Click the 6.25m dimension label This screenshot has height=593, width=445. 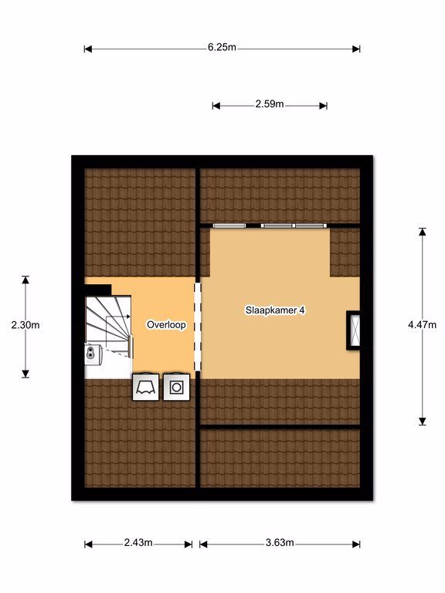click(x=222, y=47)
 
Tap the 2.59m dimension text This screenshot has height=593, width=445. click(x=270, y=104)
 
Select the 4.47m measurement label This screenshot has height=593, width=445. click(x=423, y=324)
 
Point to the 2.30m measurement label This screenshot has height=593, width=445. click(x=25, y=325)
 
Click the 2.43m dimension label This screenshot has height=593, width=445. click(x=138, y=543)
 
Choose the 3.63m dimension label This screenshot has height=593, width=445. click(x=280, y=543)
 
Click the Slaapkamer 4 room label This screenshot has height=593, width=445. click(x=275, y=310)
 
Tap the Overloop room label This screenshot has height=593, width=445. click(x=166, y=324)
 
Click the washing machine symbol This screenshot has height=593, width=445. click(x=176, y=388)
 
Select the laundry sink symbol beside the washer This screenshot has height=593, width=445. click(x=145, y=388)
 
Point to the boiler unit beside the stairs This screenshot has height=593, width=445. click(x=93, y=354)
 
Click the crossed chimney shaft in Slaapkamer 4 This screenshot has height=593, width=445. click(x=353, y=330)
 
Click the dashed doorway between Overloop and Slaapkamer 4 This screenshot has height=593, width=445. click(x=198, y=327)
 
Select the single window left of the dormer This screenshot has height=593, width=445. click(x=229, y=225)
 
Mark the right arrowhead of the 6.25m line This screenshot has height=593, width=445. click(x=356, y=49)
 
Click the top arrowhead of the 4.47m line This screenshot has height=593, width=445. click(x=423, y=232)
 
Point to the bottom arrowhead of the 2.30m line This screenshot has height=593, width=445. click(x=25, y=374)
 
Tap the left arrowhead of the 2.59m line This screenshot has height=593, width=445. click(x=216, y=106)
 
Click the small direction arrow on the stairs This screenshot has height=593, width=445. click(x=118, y=317)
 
